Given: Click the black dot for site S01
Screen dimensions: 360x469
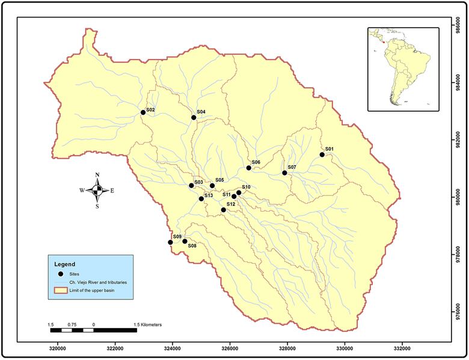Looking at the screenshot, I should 322,154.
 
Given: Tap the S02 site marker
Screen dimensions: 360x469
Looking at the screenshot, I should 143,112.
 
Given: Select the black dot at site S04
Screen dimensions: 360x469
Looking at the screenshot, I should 194,117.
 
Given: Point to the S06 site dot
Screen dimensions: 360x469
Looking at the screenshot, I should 248,168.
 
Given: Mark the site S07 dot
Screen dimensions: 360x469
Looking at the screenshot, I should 284,173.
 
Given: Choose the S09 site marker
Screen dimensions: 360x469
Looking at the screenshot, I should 170,242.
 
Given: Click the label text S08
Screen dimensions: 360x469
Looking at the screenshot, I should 192,246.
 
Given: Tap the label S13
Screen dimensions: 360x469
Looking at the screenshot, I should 209,195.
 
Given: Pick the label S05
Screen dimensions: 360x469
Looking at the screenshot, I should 219,180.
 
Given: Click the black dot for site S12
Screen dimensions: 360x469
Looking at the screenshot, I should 223,210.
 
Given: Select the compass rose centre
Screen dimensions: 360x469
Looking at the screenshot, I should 97,191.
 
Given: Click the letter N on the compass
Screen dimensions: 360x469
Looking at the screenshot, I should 97,175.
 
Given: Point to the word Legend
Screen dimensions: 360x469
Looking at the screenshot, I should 65,264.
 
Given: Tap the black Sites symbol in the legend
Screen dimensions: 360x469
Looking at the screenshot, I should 61,273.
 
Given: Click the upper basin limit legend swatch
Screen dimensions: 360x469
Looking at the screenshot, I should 61,291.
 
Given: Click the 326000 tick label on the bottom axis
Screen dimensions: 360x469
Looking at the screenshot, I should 230,348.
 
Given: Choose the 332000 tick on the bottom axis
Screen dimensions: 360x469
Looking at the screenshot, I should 402,348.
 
